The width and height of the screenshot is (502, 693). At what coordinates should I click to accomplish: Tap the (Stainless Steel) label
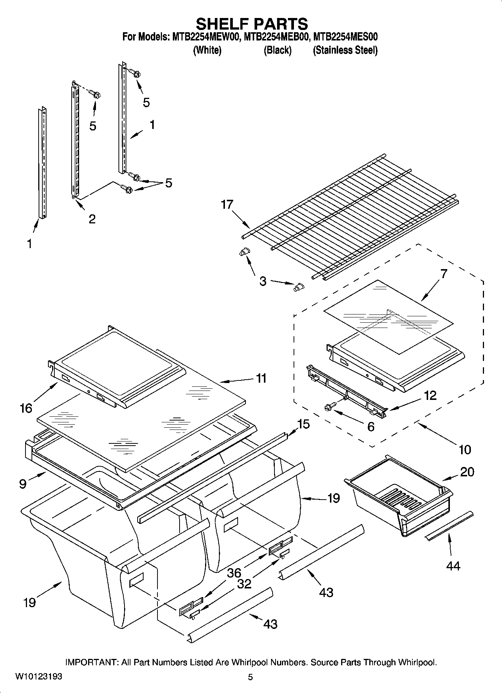pyautogui.click(x=345, y=50)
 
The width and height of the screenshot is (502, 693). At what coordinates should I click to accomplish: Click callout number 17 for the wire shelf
pyautogui.click(x=227, y=205)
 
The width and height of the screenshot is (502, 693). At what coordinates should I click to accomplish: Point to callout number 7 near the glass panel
pyautogui.click(x=444, y=274)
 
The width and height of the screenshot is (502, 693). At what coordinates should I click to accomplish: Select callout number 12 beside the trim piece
pyautogui.click(x=430, y=395)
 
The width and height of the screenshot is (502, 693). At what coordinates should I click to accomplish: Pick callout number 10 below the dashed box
pyautogui.click(x=465, y=449)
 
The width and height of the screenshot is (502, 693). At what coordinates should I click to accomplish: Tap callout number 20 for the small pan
pyautogui.click(x=467, y=472)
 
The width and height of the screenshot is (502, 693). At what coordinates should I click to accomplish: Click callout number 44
pyautogui.click(x=453, y=565)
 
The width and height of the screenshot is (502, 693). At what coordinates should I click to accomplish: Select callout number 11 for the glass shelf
pyautogui.click(x=261, y=378)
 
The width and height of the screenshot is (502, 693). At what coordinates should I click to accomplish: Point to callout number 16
pyautogui.click(x=26, y=408)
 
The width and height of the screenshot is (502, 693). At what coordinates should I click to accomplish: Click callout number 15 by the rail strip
pyautogui.click(x=303, y=424)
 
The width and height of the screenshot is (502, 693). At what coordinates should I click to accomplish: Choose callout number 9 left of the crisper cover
pyautogui.click(x=22, y=484)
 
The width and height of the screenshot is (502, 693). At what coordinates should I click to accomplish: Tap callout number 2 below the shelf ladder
pyautogui.click(x=92, y=219)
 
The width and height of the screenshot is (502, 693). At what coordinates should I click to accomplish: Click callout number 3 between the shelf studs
pyautogui.click(x=263, y=281)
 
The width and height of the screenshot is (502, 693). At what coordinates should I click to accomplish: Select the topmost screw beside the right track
pyautogui.click(x=135, y=73)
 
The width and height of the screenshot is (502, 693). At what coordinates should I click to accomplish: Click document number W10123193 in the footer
pyautogui.click(x=39, y=677)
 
